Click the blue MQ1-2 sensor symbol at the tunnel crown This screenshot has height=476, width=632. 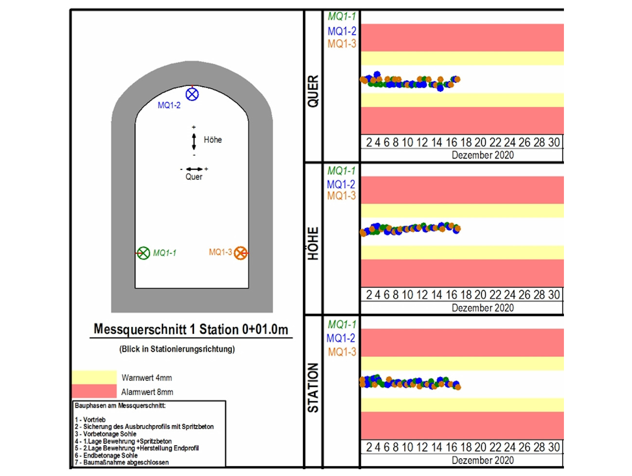pos(193,94)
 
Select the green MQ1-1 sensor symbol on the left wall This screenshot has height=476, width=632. pos(143,253)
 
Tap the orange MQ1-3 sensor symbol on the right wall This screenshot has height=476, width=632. pos(241,253)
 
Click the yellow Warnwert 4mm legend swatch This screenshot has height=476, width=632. pos(94,377)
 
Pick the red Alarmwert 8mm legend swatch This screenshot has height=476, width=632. pos(94,391)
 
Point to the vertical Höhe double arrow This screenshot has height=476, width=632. pos(194,141)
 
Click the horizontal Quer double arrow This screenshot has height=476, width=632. pos(194,169)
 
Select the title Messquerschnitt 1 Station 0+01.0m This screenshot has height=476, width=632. pos(191,330)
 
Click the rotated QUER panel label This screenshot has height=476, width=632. pos(313,91)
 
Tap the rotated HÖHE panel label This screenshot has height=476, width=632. pos(313,243)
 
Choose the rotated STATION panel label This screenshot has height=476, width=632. pos(313,388)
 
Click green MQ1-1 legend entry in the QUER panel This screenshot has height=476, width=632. pos(342,17)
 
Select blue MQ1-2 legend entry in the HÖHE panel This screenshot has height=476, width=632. pos(341,184)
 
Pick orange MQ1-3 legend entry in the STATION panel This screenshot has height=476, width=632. pos(342,352)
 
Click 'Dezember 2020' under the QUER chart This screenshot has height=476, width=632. pos(482,155)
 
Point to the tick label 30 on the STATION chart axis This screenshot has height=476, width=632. pos(554,447)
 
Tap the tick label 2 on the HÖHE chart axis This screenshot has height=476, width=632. pos(369,295)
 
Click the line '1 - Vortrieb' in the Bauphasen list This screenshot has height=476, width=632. pos(90,420)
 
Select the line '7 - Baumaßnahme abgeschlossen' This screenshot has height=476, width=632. pos(122,462)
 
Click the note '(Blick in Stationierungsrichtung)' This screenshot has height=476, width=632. pos(177,349)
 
